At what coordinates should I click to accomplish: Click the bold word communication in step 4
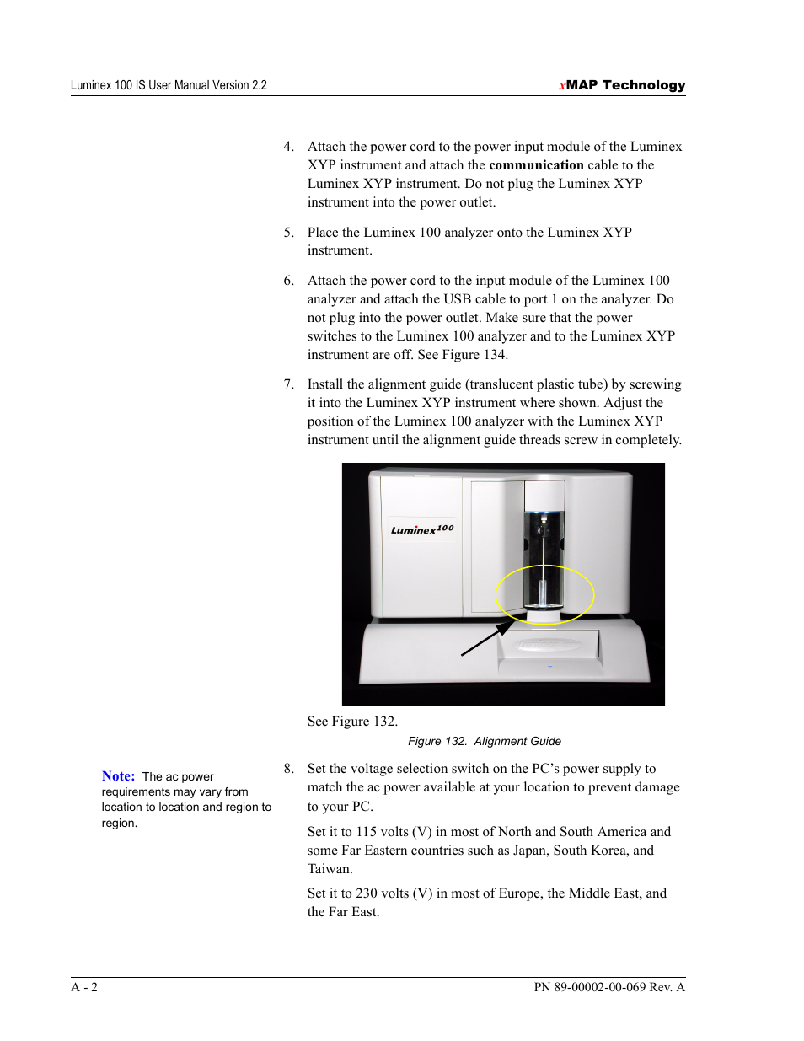[x=536, y=165]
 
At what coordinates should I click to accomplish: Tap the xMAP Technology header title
[x=622, y=85]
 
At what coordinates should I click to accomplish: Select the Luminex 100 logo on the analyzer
[x=422, y=529]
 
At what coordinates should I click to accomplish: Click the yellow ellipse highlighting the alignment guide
[x=544, y=594]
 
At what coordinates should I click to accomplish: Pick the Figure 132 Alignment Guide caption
[x=485, y=741]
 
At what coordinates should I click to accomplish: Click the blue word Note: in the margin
[x=118, y=776]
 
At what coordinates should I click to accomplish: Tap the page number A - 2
[x=84, y=987]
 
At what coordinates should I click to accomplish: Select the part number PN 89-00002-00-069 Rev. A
[x=609, y=987]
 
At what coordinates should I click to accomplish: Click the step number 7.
[x=288, y=384]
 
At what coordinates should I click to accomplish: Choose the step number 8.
[x=288, y=769]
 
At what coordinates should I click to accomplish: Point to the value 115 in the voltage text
[x=366, y=832]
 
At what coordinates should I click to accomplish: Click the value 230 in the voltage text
[x=366, y=893]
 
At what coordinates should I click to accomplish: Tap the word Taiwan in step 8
[x=330, y=869]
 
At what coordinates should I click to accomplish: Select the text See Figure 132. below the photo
[x=352, y=722]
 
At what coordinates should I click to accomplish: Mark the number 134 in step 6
[x=495, y=355]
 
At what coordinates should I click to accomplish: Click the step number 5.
[x=288, y=233]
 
